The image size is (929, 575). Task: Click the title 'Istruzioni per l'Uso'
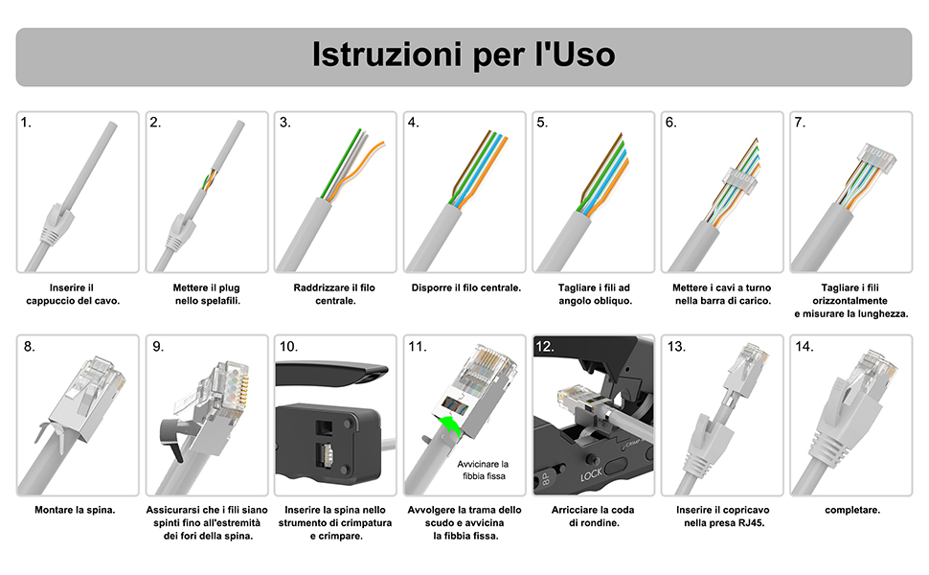pyautogui.click(x=464, y=56)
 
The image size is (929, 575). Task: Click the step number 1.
pyautogui.click(x=27, y=123)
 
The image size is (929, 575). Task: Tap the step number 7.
pyautogui.click(x=800, y=123)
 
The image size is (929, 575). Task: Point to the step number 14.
pyautogui.click(x=804, y=347)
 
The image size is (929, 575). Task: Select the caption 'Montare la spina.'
pyautogui.click(x=75, y=510)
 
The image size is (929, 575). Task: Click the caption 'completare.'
pyautogui.click(x=851, y=510)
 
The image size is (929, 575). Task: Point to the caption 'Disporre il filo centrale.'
pyautogui.click(x=465, y=287)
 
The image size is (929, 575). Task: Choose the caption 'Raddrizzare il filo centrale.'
pyautogui.click(x=335, y=294)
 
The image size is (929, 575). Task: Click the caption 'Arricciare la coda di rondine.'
pyautogui.click(x=593, y=517)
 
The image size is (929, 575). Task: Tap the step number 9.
pyautogui.click(x=157, y=347)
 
